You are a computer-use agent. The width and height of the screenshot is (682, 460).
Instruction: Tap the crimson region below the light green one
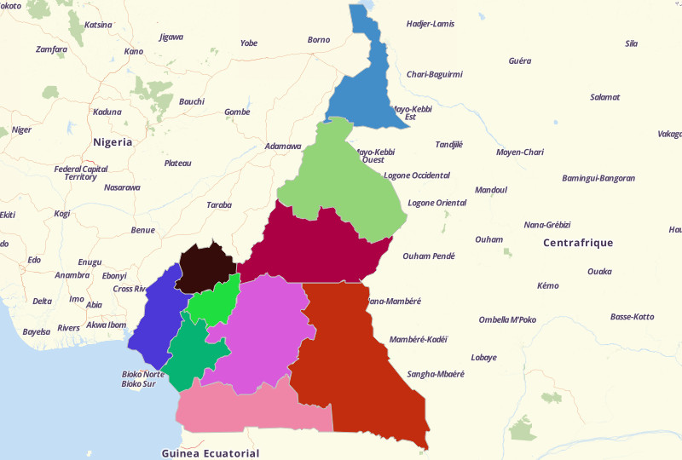[315, 247]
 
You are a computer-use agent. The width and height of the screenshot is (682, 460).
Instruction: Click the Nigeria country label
[113, 142]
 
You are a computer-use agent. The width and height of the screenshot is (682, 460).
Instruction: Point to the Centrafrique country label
[578, 243]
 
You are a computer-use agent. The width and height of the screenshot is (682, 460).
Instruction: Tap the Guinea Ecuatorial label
[210, 453]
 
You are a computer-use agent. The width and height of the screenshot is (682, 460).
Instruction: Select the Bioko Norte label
[142, 374]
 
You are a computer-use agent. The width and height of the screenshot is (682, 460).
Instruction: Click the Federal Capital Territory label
[81, 172]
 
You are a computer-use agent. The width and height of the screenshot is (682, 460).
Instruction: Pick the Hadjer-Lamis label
[431, 23]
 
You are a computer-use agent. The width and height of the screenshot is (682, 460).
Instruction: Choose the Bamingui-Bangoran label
[598, 178]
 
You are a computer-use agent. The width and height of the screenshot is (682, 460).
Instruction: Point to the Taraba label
[219, 205]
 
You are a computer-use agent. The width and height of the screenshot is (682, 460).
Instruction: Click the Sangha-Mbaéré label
[436, 374]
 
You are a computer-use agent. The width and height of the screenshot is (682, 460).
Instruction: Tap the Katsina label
[98, 24]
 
